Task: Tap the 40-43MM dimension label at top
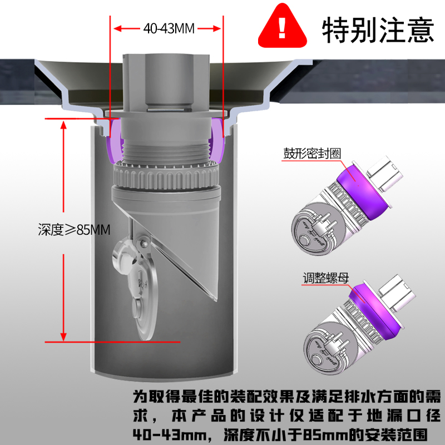tap(169, 28)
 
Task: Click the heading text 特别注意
tap(378, 29)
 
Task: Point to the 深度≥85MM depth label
tap(74, 230)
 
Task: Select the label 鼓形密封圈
tap(312, 154)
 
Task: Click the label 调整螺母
tap(326, 278)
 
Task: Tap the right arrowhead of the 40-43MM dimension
tap(216, 28)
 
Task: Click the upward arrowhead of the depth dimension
tap(63, 125)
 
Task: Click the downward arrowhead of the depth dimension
tap(63, 337)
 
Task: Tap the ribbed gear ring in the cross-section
tap(166, 177)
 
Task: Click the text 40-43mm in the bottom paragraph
tap(170, 435)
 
